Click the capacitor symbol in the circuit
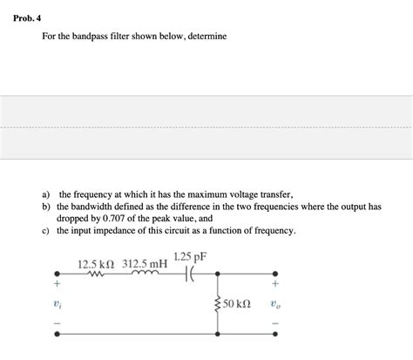pos(191,274)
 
